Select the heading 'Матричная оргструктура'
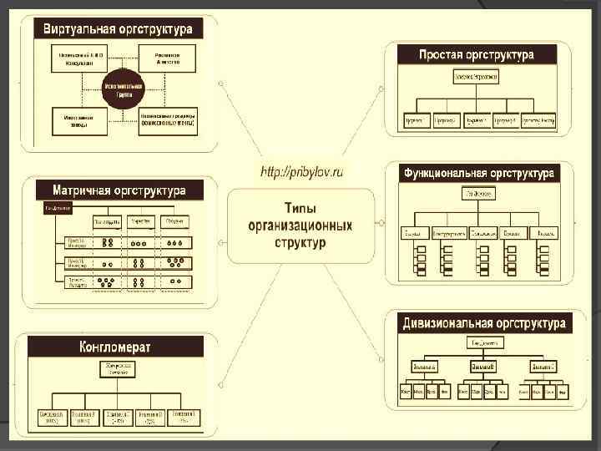119,190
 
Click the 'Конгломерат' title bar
114,347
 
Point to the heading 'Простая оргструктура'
477,55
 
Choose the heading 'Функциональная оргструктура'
478,174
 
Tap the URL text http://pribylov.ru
301,172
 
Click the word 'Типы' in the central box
300,208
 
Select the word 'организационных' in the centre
300,225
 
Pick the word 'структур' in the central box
300,243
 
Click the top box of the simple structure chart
476,77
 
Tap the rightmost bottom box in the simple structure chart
538,120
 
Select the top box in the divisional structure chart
484,343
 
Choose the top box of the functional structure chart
477,194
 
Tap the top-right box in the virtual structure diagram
174,56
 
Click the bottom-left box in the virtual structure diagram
77,121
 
